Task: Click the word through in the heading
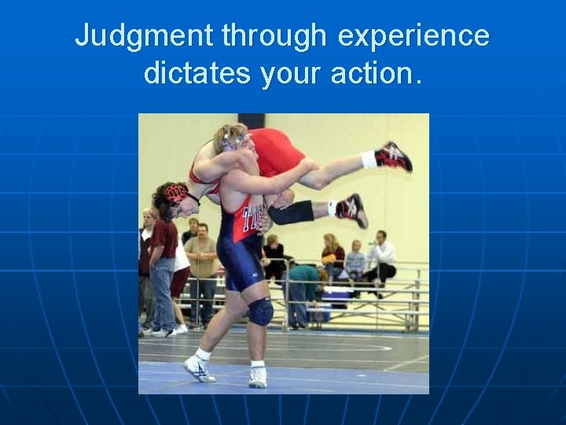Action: click(274, 36)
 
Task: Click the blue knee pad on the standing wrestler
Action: click(260, 312)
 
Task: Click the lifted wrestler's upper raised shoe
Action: click(394, 156)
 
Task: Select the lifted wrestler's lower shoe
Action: click(351, 209)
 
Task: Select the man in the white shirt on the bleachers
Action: click(381, 256)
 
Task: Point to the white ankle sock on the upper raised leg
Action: click(368, 160)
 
